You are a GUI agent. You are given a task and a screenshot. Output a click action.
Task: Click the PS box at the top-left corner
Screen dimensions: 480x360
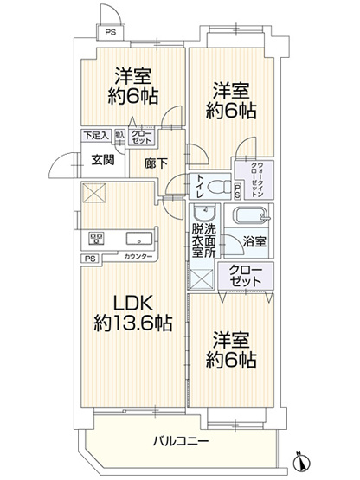click(109, 33)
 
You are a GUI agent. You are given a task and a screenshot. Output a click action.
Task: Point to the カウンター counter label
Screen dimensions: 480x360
click(138, 258)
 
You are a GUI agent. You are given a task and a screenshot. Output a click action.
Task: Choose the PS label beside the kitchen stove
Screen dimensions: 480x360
click(90, 258)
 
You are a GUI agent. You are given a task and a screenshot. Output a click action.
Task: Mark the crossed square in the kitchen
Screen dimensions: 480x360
click(93, 193)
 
